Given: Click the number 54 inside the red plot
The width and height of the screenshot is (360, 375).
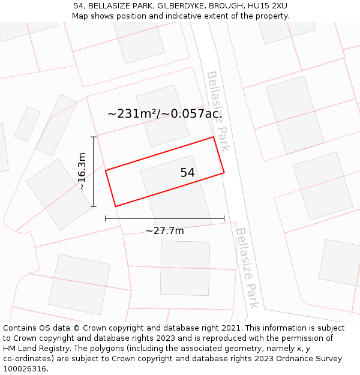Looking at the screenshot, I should tap(187, 173).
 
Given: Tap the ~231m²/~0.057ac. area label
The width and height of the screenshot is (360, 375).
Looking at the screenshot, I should tap(164, 113).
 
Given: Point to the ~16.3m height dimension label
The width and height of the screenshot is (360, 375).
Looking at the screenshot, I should tap(82, 172).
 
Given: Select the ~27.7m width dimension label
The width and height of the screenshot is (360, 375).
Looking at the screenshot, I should tap(164, 230).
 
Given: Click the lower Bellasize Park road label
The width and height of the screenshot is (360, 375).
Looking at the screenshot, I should tap(247, 268).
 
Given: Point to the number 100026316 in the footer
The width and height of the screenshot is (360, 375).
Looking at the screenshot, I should tap(26, 369).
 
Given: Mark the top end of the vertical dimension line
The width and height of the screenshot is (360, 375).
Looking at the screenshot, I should tap(94, 137).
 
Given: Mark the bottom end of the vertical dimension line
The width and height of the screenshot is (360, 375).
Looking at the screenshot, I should tap(94, 206).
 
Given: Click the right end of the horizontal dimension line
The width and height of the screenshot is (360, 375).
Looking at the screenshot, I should tap(224, 219).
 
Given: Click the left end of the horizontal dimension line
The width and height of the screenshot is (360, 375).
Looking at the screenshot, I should tap(106, 219).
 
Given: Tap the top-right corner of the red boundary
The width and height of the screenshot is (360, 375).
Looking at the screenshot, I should tap(214, 137).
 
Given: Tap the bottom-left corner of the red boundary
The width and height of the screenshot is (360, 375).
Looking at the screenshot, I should tap(115, 206).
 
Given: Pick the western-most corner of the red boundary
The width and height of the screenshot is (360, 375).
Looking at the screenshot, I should tap(106, 171).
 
